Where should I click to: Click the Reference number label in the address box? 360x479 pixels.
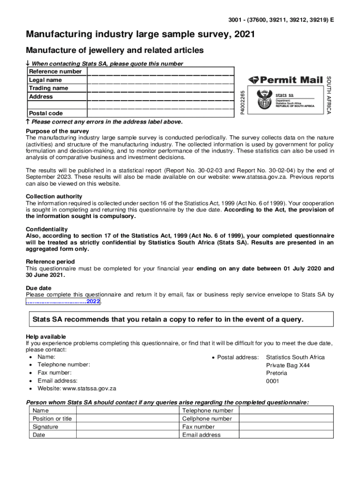click(55, 72)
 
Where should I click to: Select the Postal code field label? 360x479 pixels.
click(46, 113)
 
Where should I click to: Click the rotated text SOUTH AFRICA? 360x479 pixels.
click(329, 95)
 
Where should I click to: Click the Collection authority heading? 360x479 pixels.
click(54, 196)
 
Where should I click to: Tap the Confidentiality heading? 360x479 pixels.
click(47, 229)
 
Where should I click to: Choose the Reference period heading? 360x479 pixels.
click(50, 262)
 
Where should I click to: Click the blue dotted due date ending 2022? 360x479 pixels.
click(63, 302)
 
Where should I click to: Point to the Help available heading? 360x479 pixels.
click(46, 337)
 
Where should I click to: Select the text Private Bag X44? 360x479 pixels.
click(288, 365)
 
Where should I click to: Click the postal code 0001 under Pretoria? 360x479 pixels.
click(273, 381)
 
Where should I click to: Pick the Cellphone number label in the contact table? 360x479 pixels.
click(207, 419)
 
